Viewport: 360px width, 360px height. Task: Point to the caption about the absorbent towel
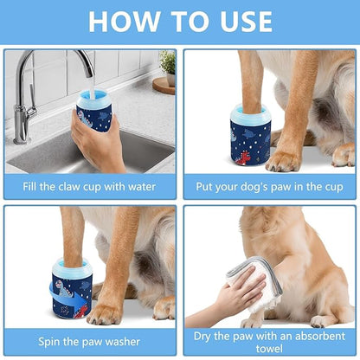[268, 340]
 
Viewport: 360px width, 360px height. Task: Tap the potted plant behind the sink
[166, 64]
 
